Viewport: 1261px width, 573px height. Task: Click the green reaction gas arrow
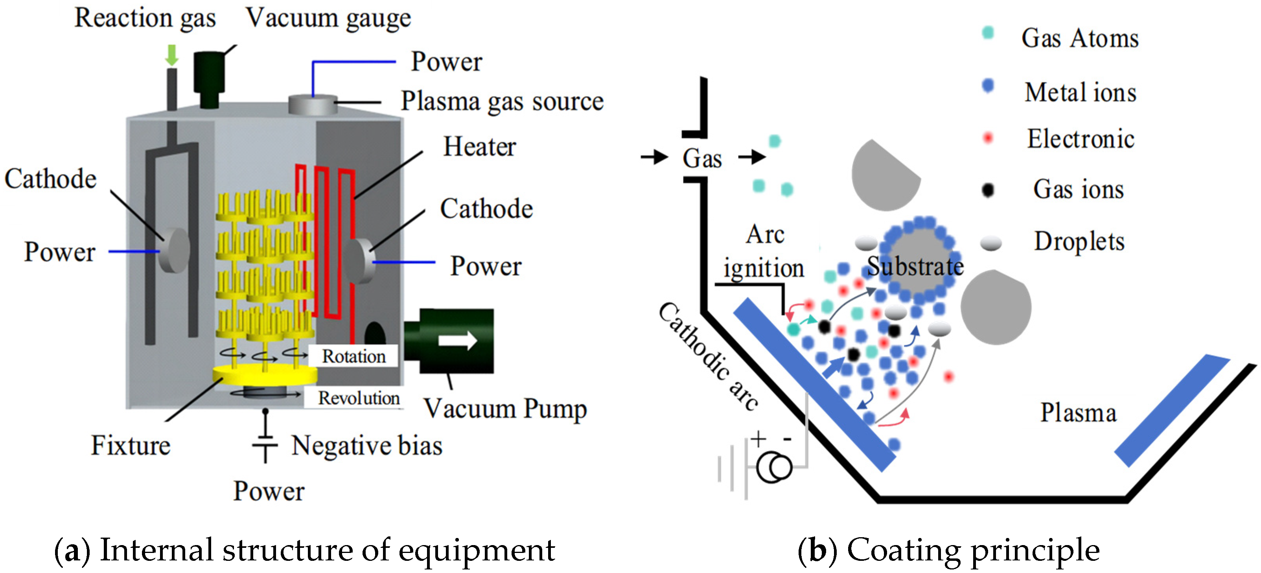(171, 55)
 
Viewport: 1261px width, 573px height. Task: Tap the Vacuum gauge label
(328, 18)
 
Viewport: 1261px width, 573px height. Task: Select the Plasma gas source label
(502, 101)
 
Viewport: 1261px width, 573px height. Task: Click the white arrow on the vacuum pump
(457, 340)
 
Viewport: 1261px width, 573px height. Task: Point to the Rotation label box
(353, 356)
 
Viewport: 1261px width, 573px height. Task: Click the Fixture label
(131, 446)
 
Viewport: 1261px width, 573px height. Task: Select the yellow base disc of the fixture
(264, 375)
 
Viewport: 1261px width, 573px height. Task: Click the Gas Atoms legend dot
(988, 33)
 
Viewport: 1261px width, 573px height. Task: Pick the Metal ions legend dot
(988, 86)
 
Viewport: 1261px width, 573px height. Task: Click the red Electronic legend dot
(988, 138)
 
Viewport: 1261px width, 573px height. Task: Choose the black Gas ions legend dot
(988, 190)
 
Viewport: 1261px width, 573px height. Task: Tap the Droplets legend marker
(991, 242)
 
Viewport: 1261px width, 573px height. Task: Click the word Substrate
(915, 266)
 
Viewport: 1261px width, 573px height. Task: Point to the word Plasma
(1079, 413)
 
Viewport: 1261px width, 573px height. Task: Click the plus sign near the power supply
(758, 439)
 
